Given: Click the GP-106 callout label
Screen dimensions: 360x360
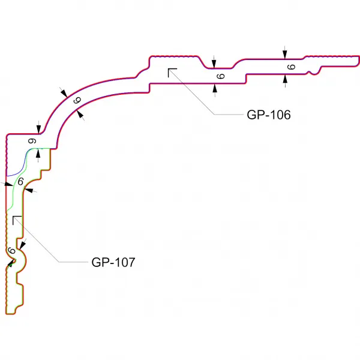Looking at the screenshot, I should tap(268, 115).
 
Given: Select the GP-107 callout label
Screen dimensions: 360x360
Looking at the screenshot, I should tap(113, 262).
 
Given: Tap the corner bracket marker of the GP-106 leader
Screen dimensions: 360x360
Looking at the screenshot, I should tap(172, 73).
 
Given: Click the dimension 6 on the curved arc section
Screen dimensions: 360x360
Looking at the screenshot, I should tap(77, 101).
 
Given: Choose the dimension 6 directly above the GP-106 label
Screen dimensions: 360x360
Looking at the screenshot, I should tap(220, 76).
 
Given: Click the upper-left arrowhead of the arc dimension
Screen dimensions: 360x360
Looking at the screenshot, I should tap(64, 93).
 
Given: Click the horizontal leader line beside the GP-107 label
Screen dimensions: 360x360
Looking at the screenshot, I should tap(72, 262).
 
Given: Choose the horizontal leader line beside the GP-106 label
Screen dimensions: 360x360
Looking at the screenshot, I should tap(228, 114).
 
